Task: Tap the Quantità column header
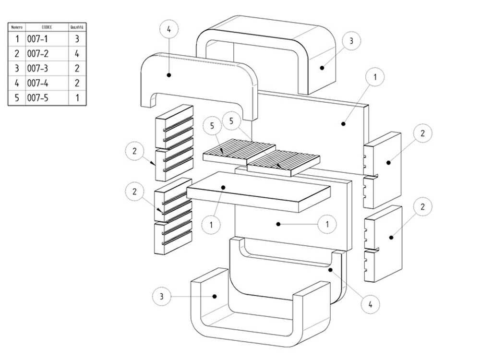77,27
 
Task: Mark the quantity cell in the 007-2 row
77,53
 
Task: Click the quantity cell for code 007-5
77,98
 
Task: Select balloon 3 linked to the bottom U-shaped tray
162,297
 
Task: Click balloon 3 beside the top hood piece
351,41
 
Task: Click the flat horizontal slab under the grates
259,192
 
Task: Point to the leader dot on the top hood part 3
322,68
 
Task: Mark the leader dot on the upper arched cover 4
169,74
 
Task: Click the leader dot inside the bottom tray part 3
216,297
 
